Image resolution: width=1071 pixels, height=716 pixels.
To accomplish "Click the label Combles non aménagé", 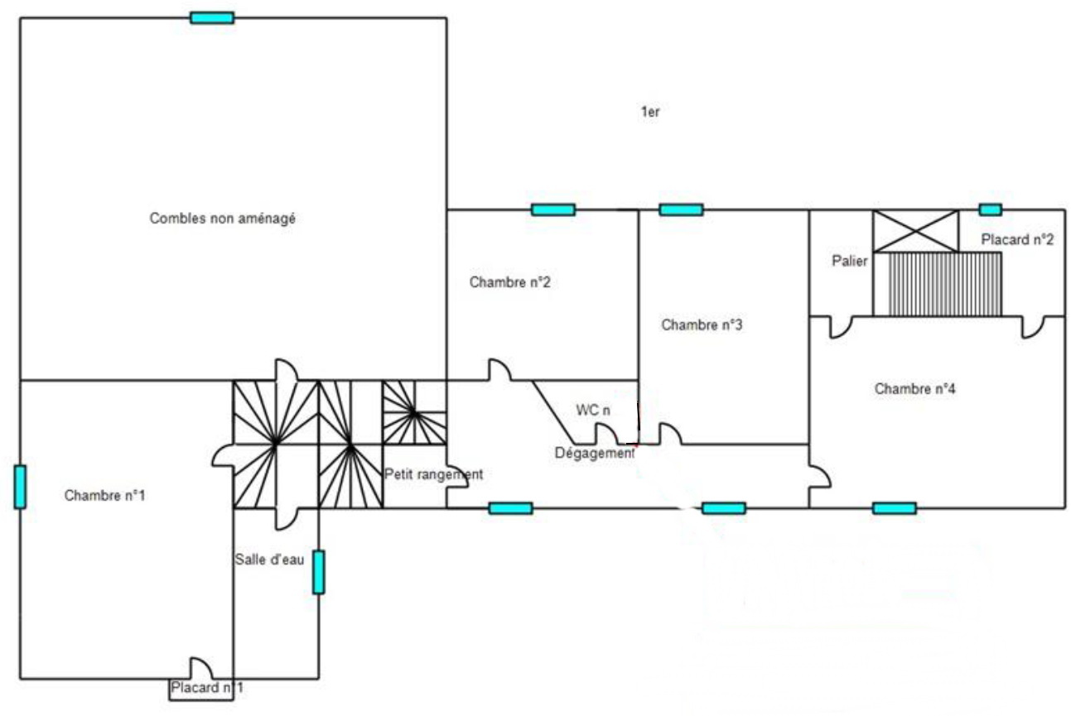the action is (222, 219).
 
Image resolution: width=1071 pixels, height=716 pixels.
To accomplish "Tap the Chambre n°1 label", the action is (104, 495).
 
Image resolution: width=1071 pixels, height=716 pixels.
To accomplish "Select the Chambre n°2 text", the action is (509, 281).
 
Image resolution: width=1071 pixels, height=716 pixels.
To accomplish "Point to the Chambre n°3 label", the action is (702, 324).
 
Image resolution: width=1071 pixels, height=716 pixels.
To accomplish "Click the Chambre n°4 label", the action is (914, 389).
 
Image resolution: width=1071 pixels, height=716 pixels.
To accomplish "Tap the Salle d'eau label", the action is (269, 560).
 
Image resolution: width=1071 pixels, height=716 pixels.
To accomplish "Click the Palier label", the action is (850, 261).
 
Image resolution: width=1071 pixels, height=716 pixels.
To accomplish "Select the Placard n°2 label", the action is (1017, 239).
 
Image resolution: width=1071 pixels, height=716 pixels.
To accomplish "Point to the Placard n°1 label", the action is (207, 687).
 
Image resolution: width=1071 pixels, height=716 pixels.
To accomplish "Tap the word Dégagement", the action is (595, 453).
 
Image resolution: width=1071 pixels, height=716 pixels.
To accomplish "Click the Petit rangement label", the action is (434, 474).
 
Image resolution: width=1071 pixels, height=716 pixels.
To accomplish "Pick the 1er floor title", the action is (649, 112).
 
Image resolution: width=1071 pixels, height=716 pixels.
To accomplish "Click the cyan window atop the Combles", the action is (212, 18).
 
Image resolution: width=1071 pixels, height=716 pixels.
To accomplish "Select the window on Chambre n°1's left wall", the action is (20, 487).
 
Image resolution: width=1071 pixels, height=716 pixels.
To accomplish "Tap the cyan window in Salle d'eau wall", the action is (318, 572).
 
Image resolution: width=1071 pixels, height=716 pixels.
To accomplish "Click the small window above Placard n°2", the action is (990, 209).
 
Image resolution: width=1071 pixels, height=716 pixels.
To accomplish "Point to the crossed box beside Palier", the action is (915, 232).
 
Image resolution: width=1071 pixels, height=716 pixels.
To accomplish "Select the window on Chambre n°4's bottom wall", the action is (894, 508).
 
